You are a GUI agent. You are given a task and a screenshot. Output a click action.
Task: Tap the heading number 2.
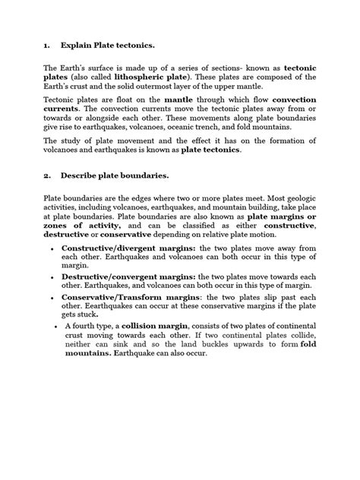(46, 175)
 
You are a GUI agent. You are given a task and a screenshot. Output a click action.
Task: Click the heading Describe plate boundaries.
(115, 175)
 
